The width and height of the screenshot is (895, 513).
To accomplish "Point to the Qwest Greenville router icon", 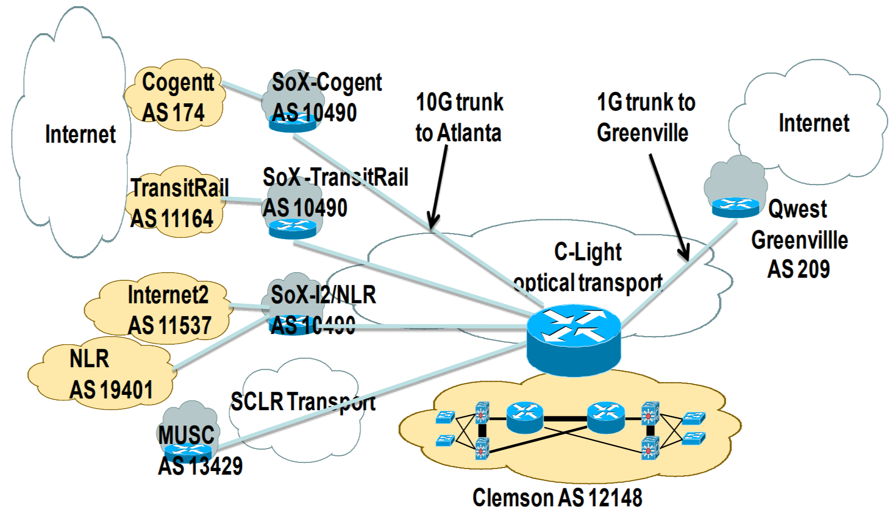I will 735,207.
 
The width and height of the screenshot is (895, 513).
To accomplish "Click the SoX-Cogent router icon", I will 293,123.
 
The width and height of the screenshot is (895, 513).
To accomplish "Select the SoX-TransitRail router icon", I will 293,229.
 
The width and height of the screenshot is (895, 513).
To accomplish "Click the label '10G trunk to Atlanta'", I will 459,118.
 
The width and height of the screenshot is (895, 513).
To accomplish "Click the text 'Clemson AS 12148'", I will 557,498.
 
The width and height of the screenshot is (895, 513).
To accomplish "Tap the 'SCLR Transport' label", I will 302,402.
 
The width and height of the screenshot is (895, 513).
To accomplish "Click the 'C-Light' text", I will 587,252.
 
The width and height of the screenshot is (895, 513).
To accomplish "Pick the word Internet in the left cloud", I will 80,135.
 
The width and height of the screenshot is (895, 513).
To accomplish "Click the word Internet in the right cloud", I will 813,123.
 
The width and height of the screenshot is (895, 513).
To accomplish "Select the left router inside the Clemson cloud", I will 525,417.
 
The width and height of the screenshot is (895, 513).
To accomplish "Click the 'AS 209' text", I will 798,270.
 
